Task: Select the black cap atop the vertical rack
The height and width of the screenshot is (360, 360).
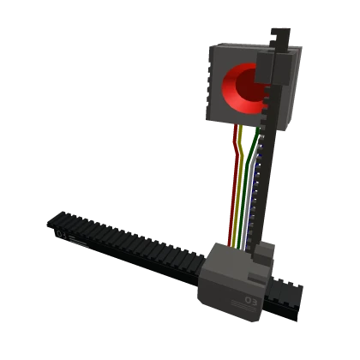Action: [277, 39]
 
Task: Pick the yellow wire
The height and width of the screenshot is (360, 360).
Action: [241, 189]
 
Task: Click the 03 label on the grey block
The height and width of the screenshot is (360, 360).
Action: [250, 301]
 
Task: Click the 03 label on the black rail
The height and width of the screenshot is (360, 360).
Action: [61, 233]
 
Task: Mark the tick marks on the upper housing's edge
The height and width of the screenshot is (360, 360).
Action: [211, 94]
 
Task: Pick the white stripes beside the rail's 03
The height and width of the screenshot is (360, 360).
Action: [77, 241]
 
